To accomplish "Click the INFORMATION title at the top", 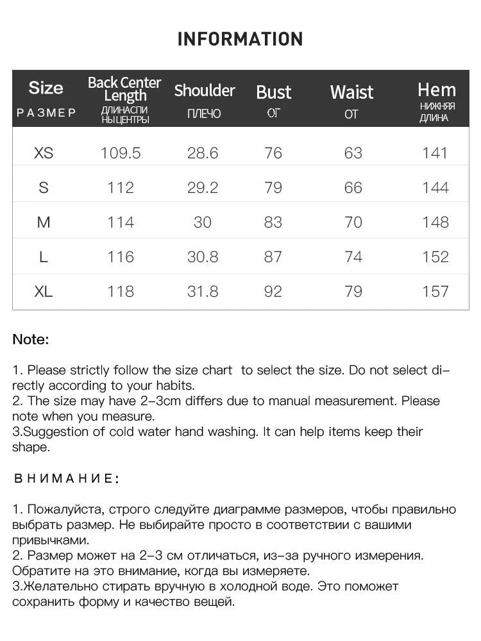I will (x=240, y=39).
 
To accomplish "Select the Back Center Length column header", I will (x=124, y=89).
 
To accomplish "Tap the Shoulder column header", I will (x=205, y=90).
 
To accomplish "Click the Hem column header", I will (x=437, y=90).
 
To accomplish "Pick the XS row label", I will (x=44, y=153).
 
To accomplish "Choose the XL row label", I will (x=44, y=291).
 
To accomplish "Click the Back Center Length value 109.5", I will (x=121, y=153).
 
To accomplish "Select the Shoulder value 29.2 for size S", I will (x=203, y=188).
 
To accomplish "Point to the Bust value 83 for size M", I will (x=273, y=222).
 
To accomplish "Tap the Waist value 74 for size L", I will (x=353, y=257).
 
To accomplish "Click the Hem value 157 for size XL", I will (x=435, y=292).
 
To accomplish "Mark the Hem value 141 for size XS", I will (x=435, y=153).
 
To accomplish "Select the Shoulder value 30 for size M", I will (x=203, y=222).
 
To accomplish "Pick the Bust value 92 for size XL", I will (x=273, y=292).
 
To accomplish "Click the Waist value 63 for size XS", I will (x=353, y=153).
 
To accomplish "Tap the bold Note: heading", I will (x=31, y=340).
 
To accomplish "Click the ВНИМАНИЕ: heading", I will (x=66, y=478).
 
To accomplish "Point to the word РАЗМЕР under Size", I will (x=46, y=113).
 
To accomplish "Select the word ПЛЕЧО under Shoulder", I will (x=204, y=114).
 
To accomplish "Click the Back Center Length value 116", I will (x=121, y=257).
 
